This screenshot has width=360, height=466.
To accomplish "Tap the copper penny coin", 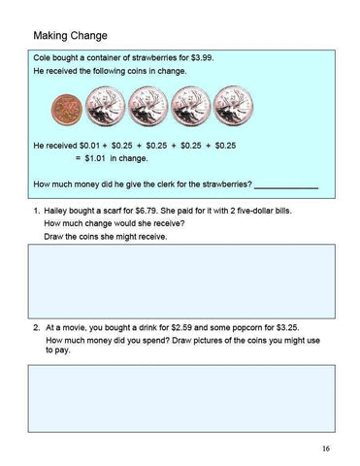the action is click(67, 108).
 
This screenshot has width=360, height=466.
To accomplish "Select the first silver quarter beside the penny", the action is click(104, 106).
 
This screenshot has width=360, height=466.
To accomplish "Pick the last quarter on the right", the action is click(231, 106).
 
